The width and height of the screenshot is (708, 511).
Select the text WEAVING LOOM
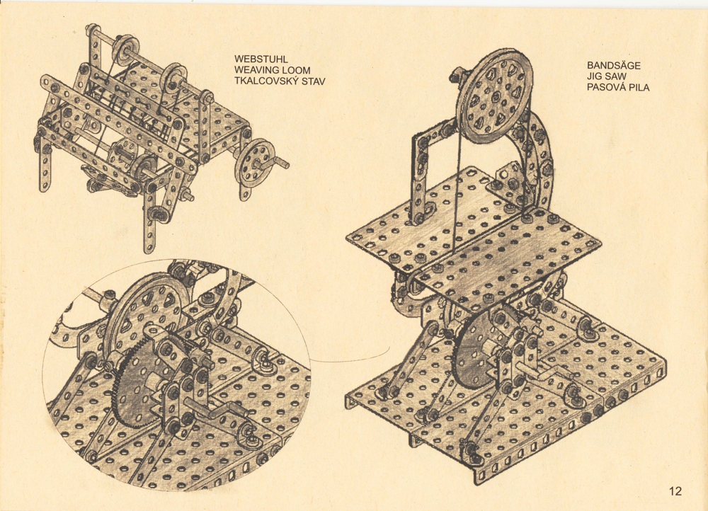click(273, 70)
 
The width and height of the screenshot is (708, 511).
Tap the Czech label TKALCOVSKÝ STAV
click(280, 81)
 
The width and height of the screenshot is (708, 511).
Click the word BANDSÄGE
click(614, 65)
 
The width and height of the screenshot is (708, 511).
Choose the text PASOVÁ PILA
click(618, 88)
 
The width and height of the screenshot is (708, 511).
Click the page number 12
click(675, 491)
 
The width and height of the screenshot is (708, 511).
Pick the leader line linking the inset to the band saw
click(351, 357)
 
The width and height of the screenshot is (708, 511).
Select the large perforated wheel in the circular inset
click(144, 316)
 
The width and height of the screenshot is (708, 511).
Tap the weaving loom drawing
click(163, 135)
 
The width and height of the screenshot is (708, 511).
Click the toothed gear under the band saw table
click(474, 357)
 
